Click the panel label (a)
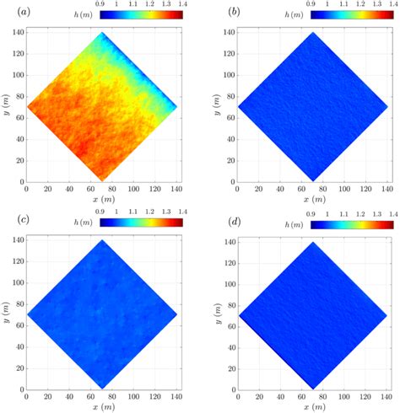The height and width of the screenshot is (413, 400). click(11, 9)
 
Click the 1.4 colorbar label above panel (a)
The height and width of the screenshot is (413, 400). click(182, 5)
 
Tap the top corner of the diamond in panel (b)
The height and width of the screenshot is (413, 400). click(313, 33)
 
